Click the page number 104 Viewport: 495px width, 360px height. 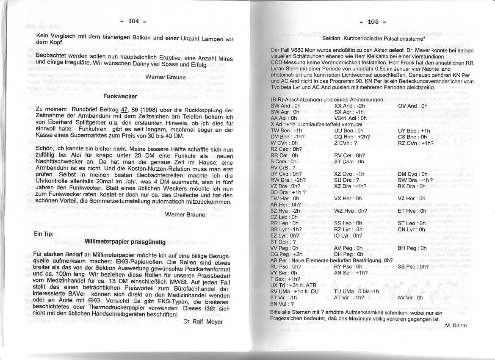click(133, 22)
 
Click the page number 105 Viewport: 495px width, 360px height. click(373, 22)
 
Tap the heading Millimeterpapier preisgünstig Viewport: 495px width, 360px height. click(125, 242)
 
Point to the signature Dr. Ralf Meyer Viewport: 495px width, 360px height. click(203, 321)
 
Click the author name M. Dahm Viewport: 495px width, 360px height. click(456, 325)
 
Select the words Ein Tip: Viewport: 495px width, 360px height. click(44, 234)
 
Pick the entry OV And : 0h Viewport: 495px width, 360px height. click(412, 106)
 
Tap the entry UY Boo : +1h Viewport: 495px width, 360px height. click(414, 131)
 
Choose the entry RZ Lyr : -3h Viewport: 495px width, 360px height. click(348, 230)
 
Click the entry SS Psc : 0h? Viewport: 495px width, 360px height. click(413, 267)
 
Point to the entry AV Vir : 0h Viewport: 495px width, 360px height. click(410, 298)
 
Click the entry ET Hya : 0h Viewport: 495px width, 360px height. click(412, 211)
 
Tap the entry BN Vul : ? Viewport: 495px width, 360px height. click(282, 304)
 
